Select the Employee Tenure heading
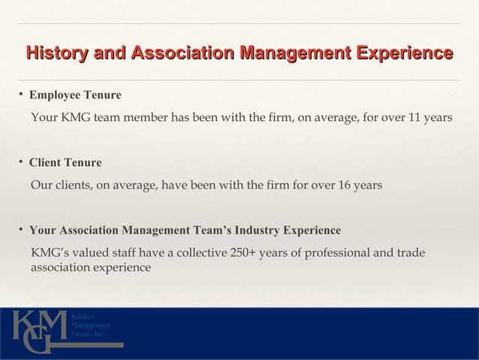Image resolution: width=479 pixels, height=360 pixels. tap(75, 96)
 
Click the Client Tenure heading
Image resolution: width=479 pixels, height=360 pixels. tap(65, 163)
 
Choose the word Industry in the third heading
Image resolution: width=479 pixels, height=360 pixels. tap(260, 230)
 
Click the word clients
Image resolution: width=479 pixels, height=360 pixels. tap(71, 185)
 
